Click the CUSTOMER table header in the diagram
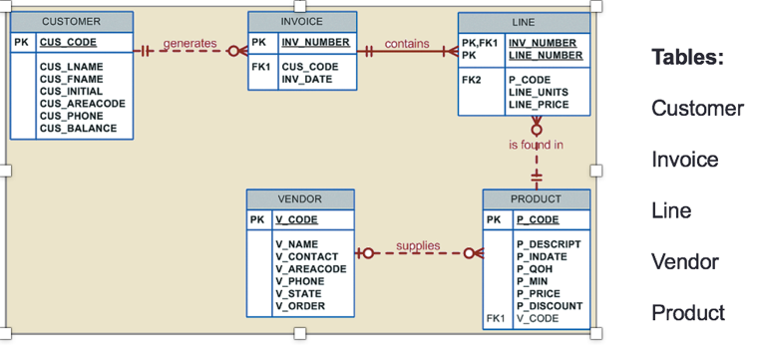pos(71,21)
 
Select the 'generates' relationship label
pos(189,43)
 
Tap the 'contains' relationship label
pos(406,43)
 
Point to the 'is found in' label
pos(536,146)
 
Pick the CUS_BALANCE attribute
pos(78,129)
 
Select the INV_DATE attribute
pos(306,80)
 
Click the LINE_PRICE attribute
pos(538,104)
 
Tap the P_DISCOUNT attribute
pos(549,306)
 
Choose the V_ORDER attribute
pos(299,306)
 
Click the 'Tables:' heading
pos(687,57)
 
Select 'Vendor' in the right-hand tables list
pos(684,261)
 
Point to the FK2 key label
pos(471,80)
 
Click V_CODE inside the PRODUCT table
pos(537,319)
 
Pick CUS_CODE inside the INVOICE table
pos(308,67)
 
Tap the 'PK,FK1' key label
pos(480,43)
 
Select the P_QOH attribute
pos(536,269)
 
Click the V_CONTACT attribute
pos(306,256)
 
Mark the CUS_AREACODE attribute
pos(82,104)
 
